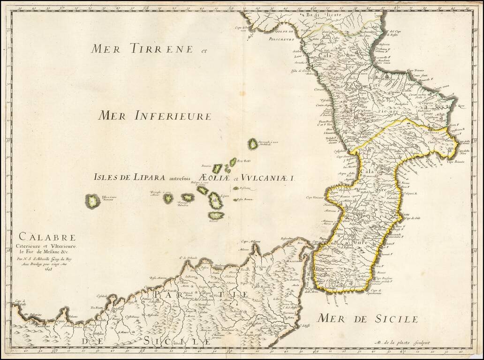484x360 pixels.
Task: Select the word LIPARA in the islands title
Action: pos(145,177)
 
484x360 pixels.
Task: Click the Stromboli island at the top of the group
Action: pos(253,144)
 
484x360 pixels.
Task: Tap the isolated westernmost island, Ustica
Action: pos(92,201)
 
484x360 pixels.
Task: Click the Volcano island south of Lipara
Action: pos(216,215)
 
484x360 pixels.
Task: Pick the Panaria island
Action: pos(217,169)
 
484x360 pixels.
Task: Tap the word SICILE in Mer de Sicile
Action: pos(392,319)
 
